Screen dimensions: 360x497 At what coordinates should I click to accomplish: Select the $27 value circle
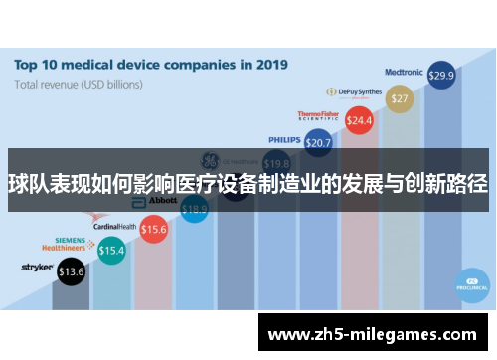(400, 98)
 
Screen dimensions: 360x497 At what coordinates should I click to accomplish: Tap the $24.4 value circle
(358, 120)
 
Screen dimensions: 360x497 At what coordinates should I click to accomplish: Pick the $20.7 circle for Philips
(318, 143)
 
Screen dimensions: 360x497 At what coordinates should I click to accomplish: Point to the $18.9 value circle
(195, 209)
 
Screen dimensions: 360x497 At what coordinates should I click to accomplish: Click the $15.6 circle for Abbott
(154, 230)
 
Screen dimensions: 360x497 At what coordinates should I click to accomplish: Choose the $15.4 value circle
(111, 251)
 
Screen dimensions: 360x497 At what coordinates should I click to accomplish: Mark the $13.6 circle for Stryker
(72, 270)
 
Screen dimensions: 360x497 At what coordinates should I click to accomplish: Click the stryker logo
(37, 268)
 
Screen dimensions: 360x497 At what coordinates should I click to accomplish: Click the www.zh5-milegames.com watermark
(373, 334)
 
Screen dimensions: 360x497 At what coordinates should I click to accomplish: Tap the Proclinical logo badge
(468, 282)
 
